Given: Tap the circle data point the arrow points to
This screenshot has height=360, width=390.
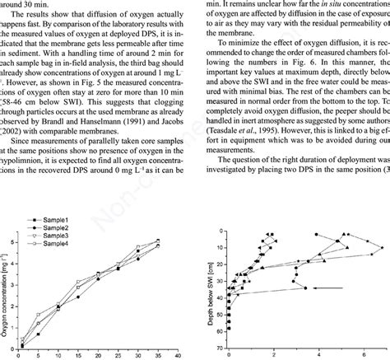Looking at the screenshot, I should pos(305,288).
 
